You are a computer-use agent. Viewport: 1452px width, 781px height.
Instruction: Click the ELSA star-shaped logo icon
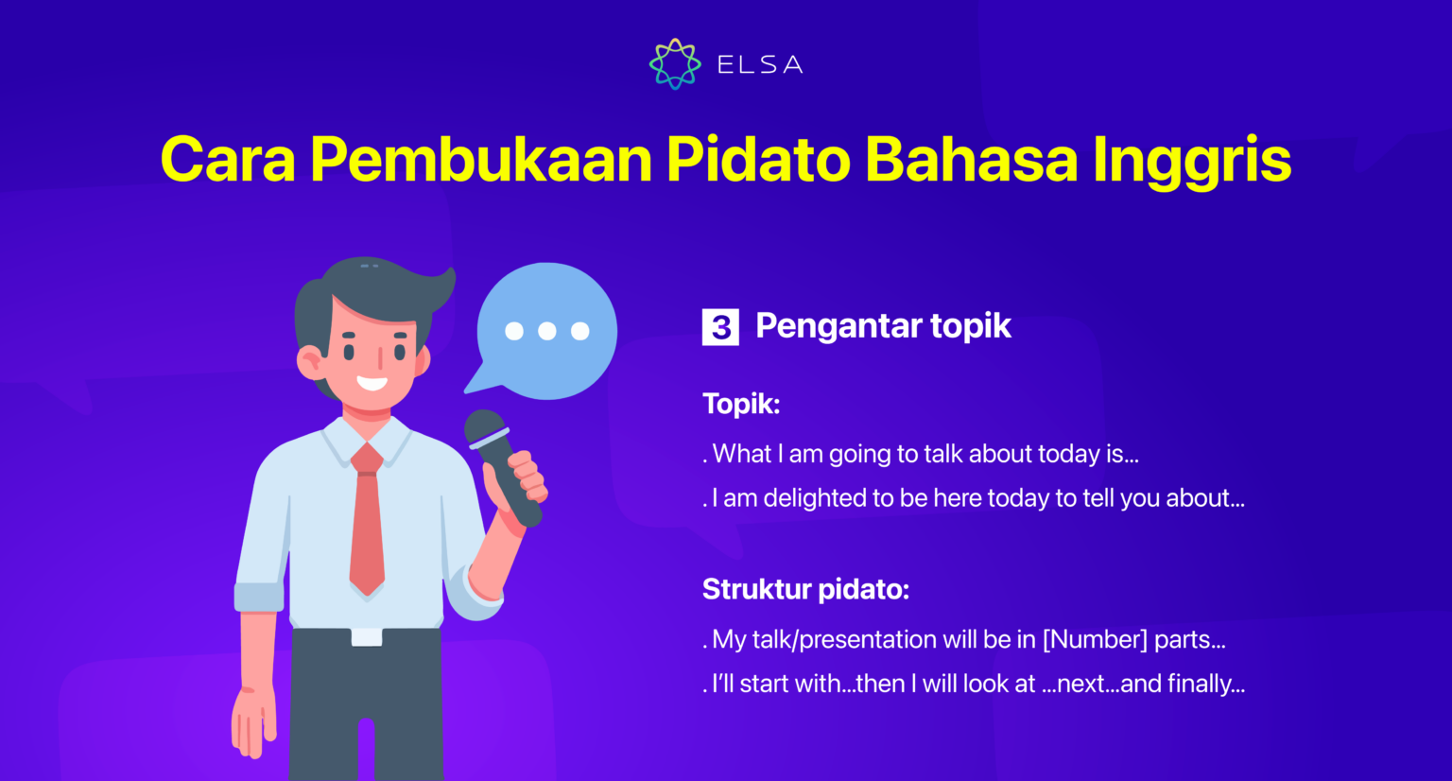675,64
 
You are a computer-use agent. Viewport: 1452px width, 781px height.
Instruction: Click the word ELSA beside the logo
760,65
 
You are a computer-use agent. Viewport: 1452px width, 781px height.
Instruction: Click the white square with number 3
720,327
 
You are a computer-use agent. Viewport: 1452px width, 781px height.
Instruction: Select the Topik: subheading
741,404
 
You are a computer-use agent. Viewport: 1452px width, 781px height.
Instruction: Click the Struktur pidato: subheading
805,589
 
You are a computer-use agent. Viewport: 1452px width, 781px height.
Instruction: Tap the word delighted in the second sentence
815,498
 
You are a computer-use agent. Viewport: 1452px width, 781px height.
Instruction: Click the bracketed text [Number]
1095,640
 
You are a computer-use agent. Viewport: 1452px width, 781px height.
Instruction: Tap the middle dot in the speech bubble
546,331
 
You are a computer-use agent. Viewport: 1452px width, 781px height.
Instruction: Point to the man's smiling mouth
371,383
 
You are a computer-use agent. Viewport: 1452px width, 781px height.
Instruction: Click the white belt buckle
367,637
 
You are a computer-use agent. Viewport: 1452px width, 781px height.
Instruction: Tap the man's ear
309,360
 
